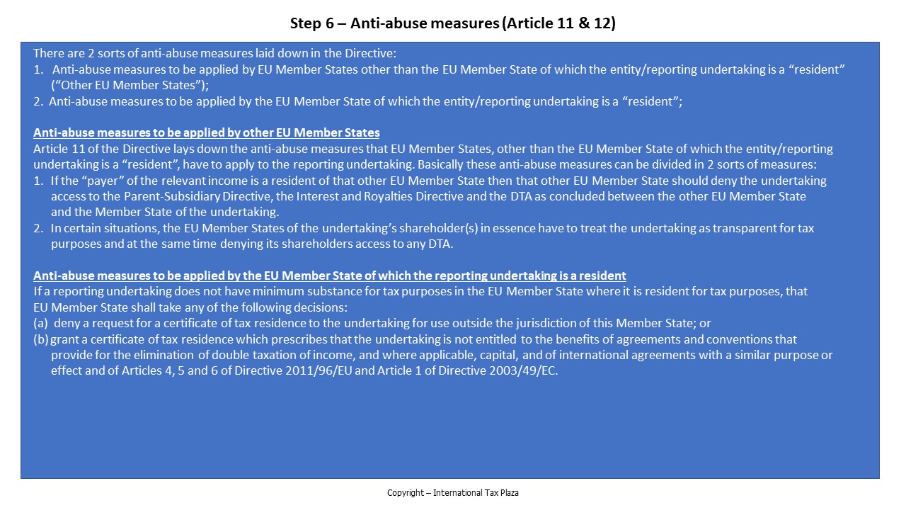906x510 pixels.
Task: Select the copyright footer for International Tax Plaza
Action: click(452, 492)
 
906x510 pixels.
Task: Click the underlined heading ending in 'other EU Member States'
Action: click(206, 132)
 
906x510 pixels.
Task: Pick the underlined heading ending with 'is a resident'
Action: click(329, 276)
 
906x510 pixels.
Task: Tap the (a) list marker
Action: click(41, 323)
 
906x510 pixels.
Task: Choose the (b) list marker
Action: click(41, 339)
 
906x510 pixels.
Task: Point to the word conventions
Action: click(726, 339)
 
